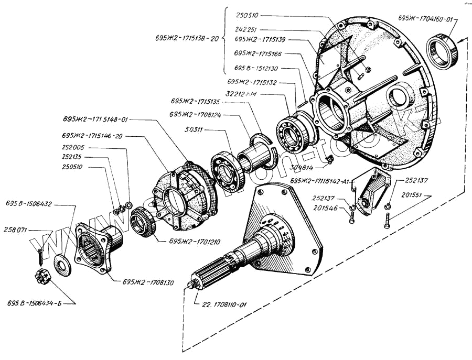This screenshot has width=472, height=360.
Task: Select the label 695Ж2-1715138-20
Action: tap(187, 38)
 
